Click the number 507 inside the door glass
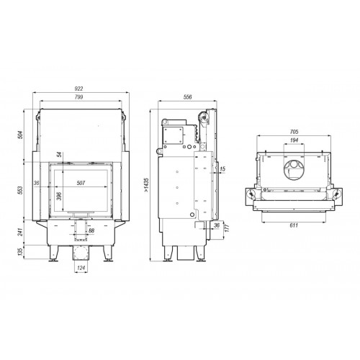81,184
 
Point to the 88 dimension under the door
89,230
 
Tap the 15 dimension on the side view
222,169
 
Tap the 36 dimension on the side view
217,225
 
